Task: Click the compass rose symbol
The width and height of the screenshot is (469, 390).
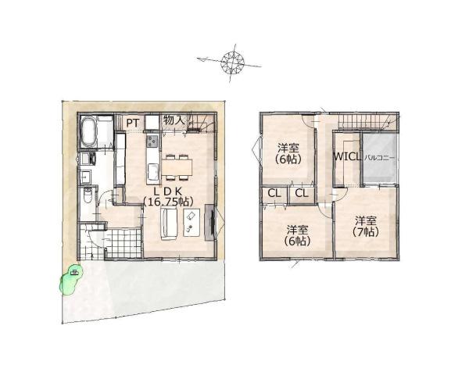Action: click(x=232, y=63)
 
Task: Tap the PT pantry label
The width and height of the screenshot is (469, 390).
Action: click(x=132, y=123)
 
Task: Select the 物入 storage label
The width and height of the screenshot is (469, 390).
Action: click(x=173, y=120)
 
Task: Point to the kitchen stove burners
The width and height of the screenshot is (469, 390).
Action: click(x=152, y=141)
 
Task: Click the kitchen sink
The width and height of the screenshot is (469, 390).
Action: click(x=152, y=173)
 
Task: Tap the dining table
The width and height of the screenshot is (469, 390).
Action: click(x=177, y=166)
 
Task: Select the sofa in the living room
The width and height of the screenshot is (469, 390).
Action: click(x=170, y=224)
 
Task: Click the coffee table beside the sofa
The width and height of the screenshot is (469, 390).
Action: click(x=192, y=223)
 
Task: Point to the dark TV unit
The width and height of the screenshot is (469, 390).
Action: click(x=209, y=222)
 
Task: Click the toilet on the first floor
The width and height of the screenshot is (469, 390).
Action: click(x=88, y=195)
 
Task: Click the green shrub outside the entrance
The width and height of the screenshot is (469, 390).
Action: click(x=70, y=280)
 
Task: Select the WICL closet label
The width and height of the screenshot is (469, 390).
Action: click(x=347, y=157)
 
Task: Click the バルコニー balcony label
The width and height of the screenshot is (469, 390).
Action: click(x=380, y=158)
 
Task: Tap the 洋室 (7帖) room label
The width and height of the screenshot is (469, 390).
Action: click(x=366, y=226)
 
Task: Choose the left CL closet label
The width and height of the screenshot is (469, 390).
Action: click(x=274, y=193)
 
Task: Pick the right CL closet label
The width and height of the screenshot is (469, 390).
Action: click(x=302, y=193)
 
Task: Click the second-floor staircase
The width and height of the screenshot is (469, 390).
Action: click(x=365, y=122)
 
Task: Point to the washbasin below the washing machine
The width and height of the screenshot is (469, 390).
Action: click(x=86, y=177)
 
